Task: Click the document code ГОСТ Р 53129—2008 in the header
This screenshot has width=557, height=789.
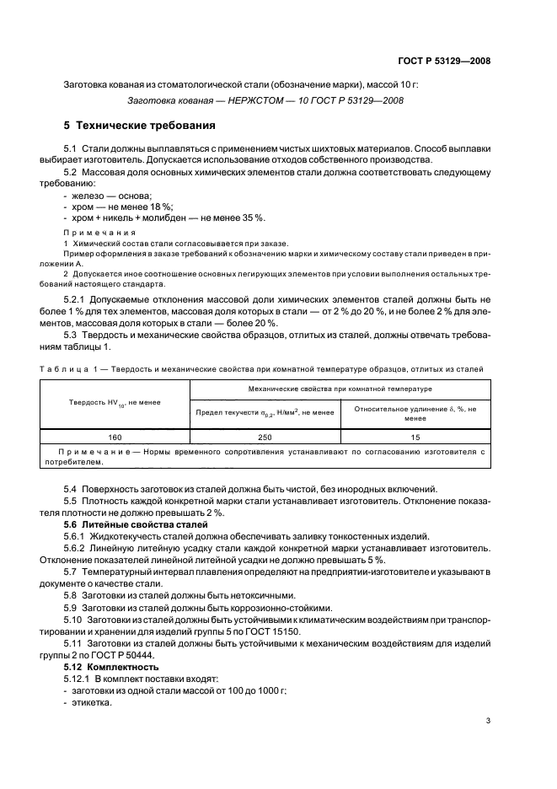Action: tap(445, 60)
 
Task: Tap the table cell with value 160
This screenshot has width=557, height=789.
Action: tap(115, 437)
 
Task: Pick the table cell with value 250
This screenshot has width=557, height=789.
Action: tap(265, 437)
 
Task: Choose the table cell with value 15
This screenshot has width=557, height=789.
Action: tap(415, 437)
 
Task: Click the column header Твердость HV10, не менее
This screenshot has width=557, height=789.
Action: tap(115, 402)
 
